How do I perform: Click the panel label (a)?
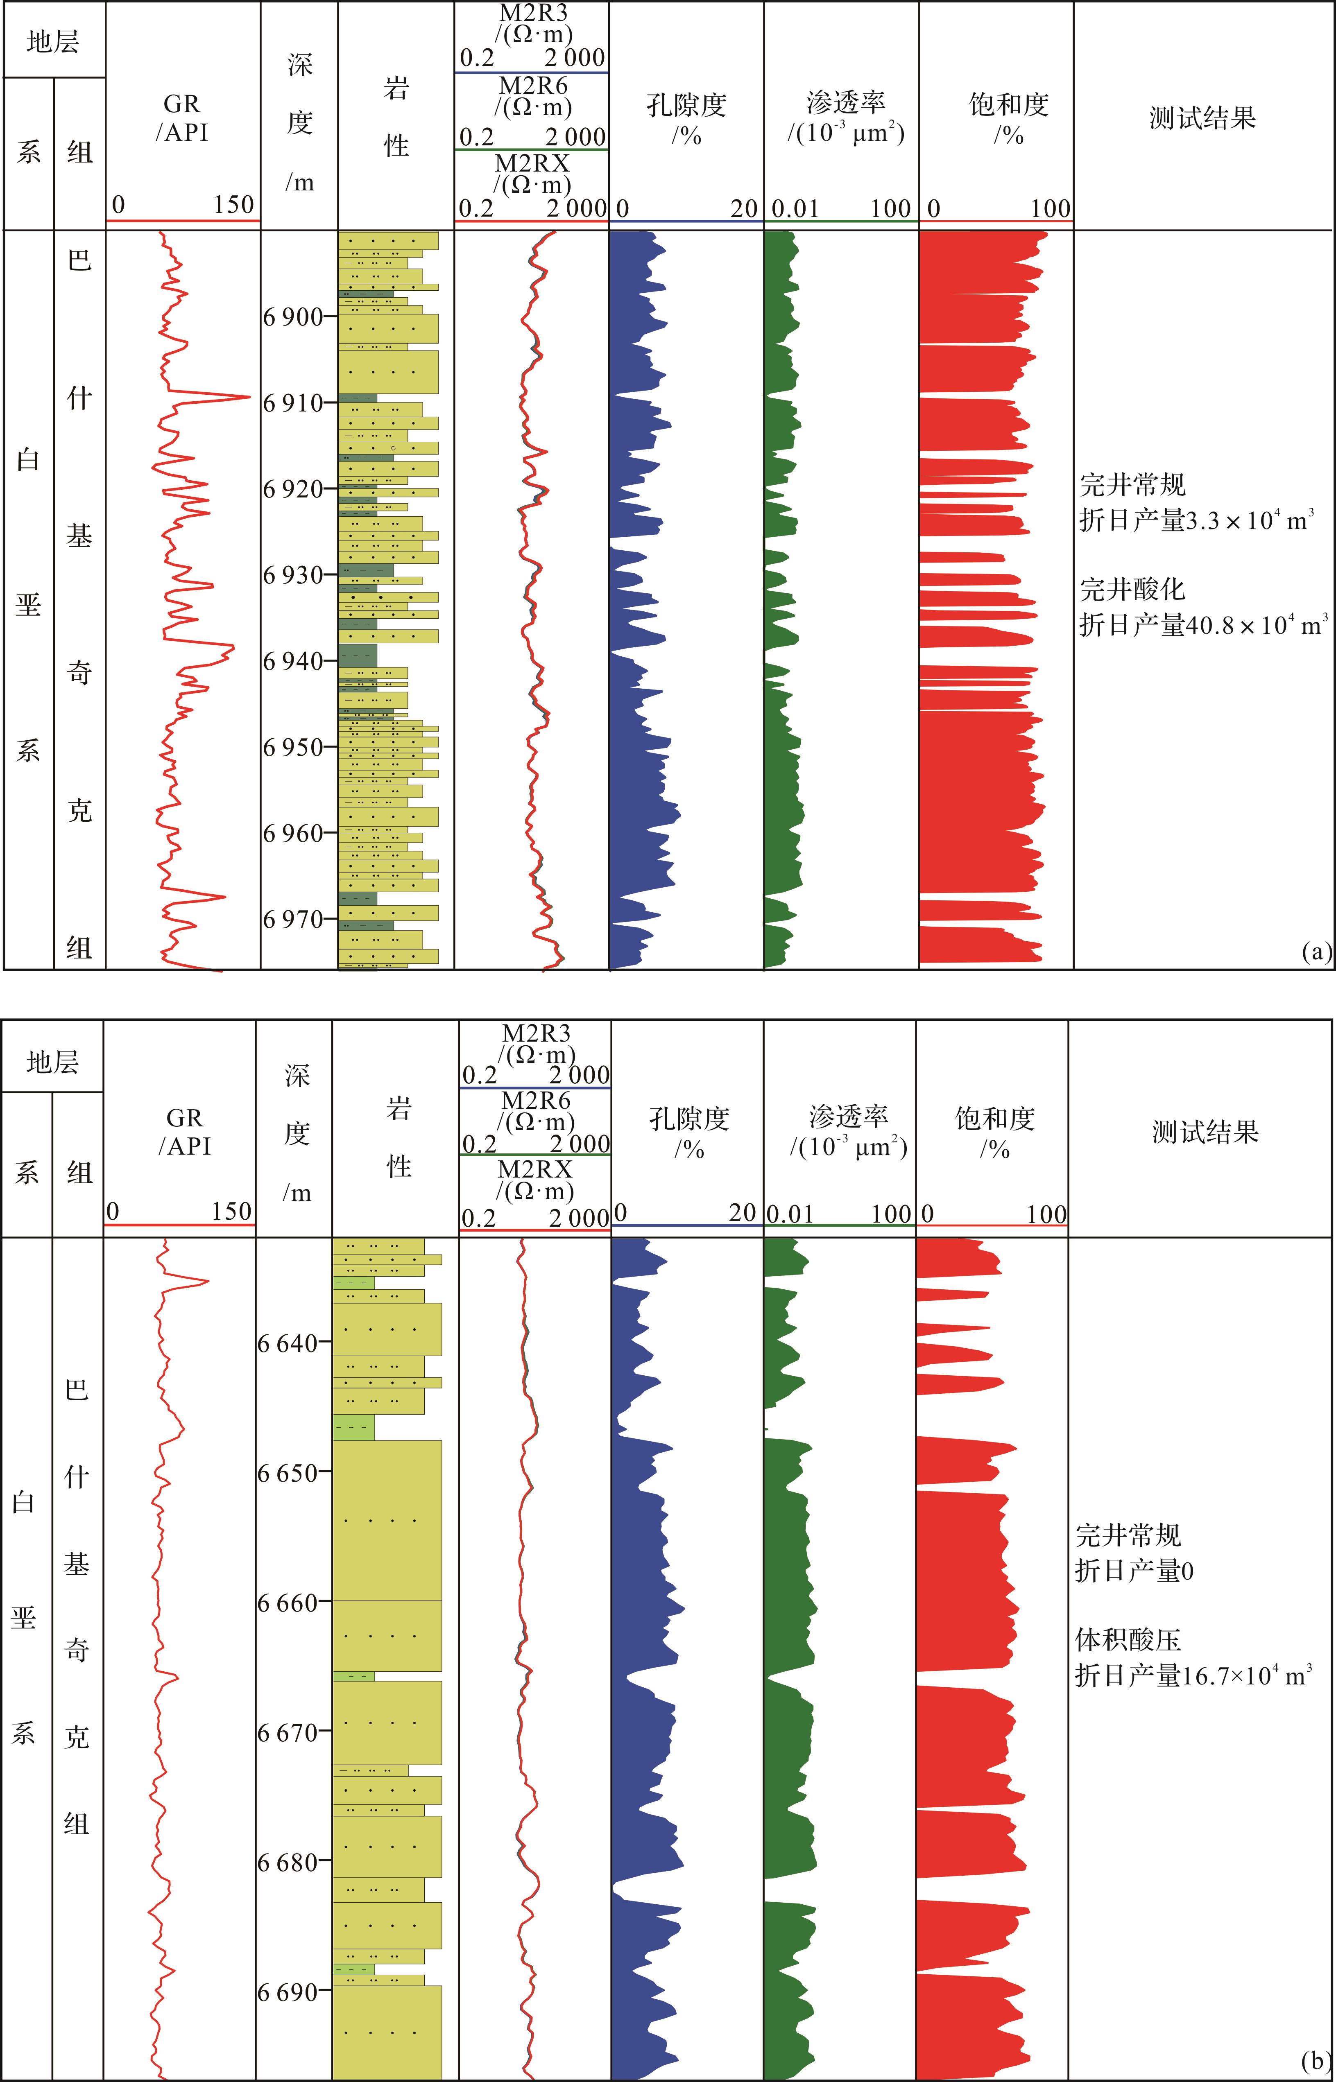[1316, 951]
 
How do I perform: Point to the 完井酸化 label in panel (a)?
[1132, 590]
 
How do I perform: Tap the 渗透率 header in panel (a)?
[846, 102]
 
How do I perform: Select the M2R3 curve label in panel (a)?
[533, 13]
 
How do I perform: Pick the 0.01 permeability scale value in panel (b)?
[790, 1213]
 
